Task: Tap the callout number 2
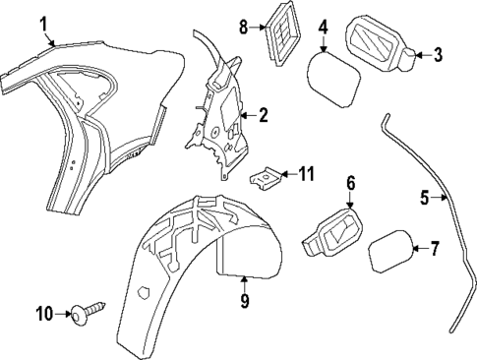[x=264, y=115]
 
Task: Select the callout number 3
[x=439, y=54]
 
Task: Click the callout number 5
[x=425, y=198]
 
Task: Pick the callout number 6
[x=350, y=183]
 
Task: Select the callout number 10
[x=42, y=314]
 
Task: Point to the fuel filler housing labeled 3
[x=379, y=44]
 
